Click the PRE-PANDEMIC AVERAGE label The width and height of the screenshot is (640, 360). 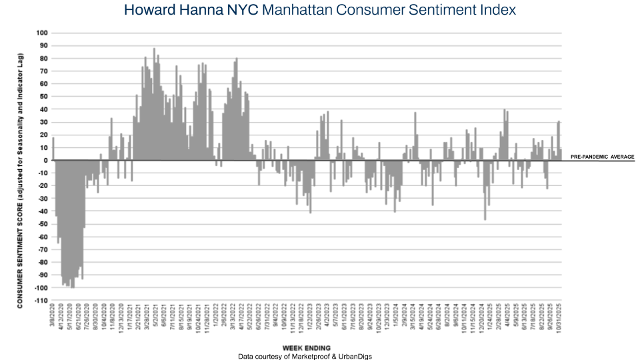tap(602, 157)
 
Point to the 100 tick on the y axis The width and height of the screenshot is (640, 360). tap(42, 33)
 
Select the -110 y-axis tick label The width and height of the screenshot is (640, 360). tap(41, 301)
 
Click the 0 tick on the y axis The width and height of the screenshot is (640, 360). tap(46, 160)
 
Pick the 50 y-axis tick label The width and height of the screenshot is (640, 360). tap(43, 97)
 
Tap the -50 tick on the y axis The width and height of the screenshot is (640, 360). tap(42, 224)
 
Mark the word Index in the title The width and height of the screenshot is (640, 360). tap(498, 11)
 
